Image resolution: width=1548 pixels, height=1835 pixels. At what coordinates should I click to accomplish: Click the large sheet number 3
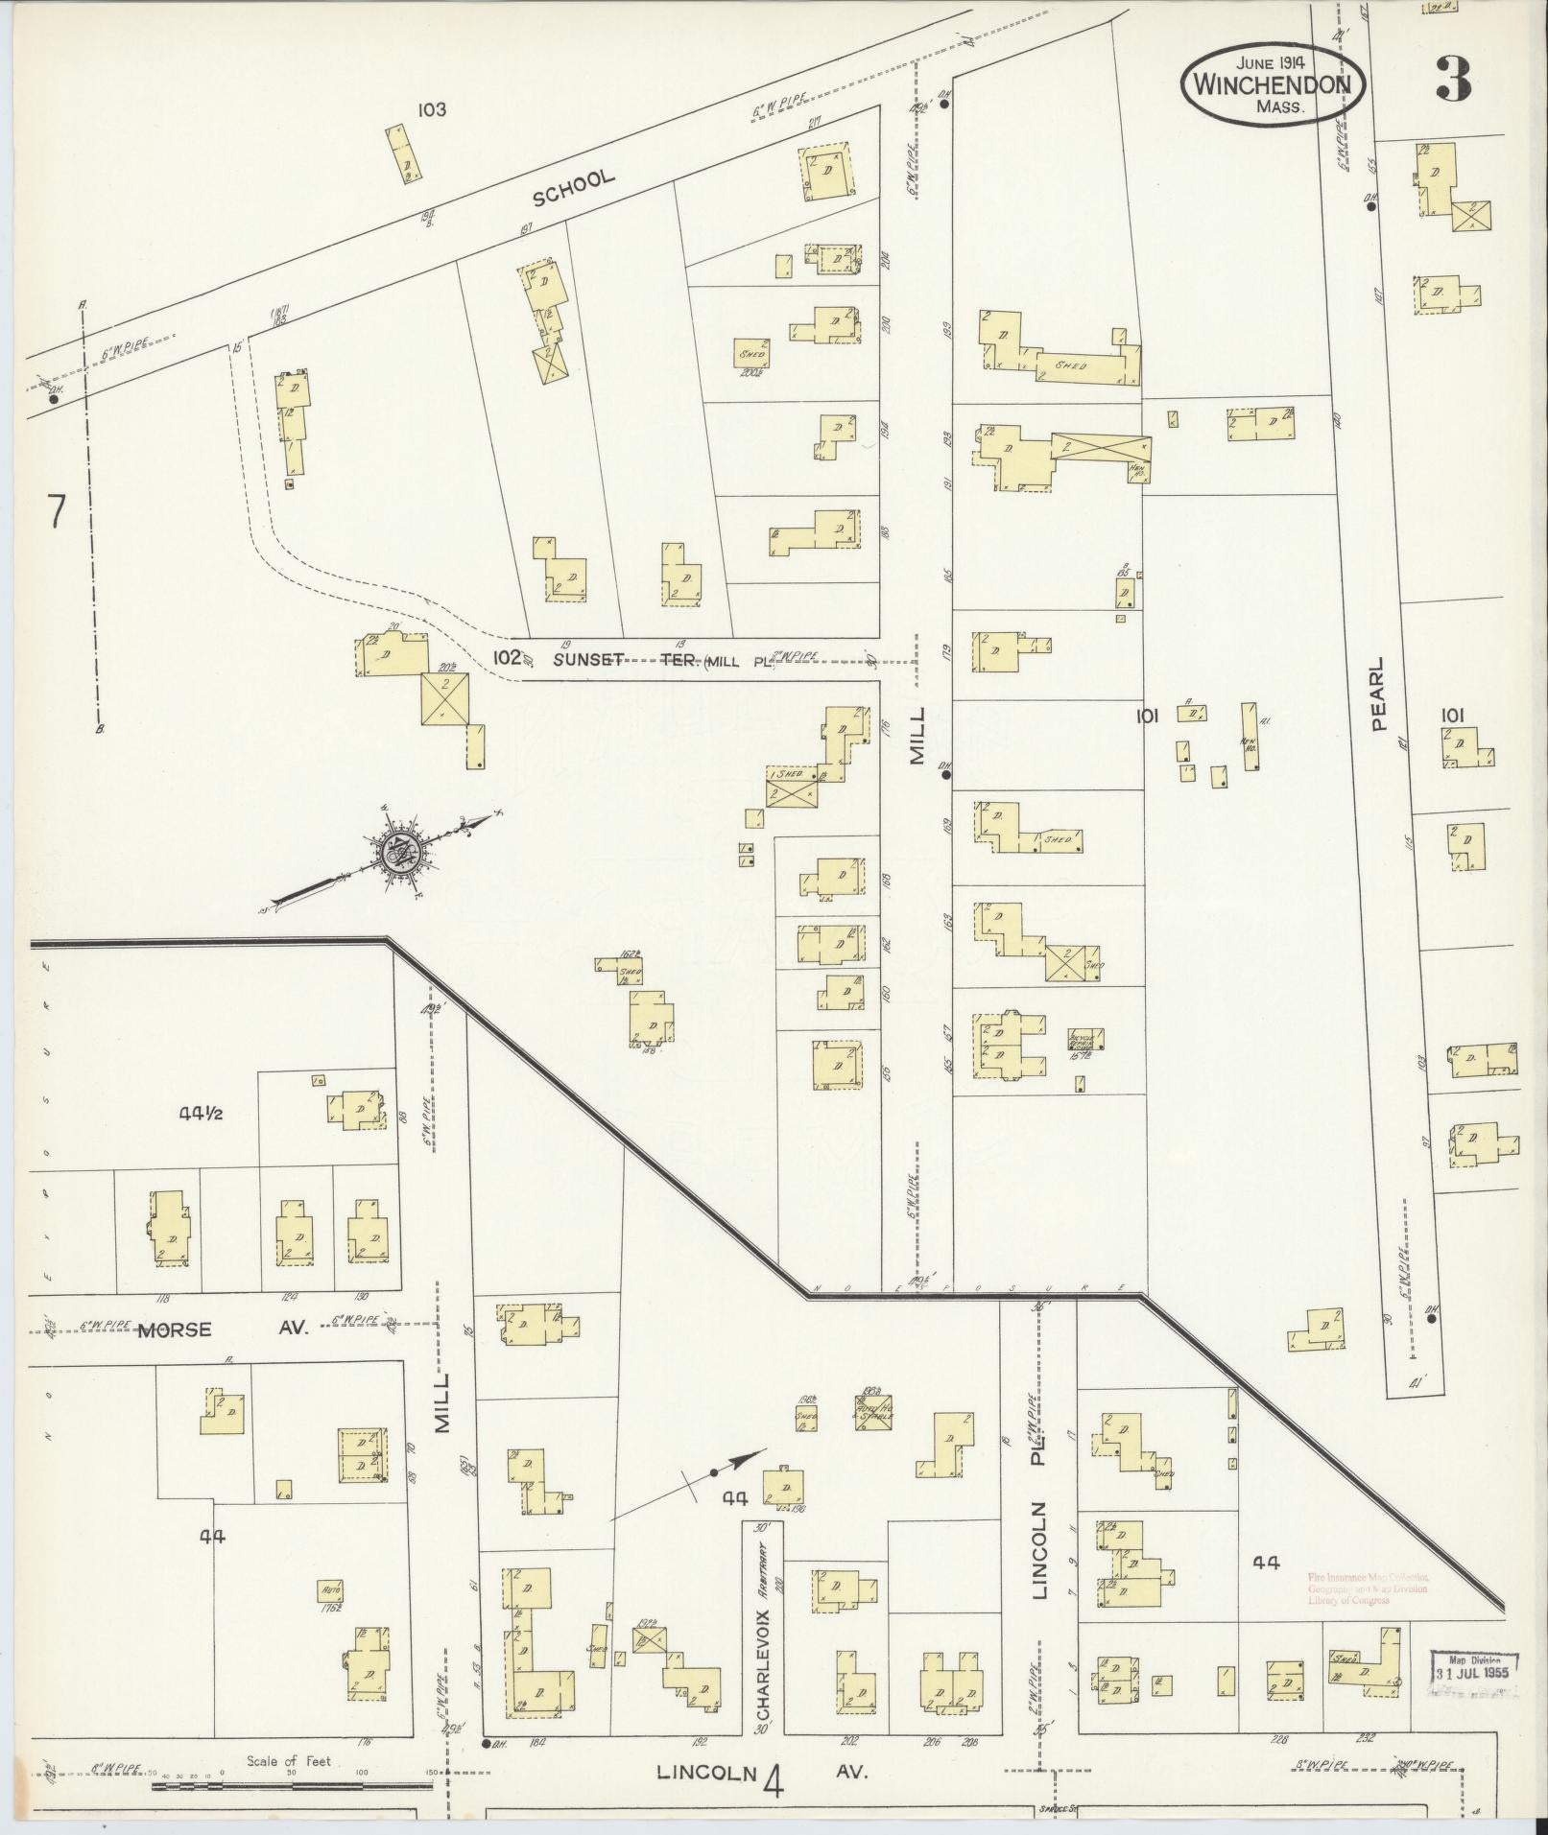tap(1453, 81)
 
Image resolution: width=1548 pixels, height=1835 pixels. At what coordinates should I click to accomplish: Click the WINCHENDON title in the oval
tap(1264, 84)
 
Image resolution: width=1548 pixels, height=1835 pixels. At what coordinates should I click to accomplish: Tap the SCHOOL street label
tap(573, 188)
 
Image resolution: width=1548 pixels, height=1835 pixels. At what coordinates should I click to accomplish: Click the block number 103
tap(431, 109)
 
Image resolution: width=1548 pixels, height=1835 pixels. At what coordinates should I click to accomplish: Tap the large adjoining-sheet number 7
tap(56, 512)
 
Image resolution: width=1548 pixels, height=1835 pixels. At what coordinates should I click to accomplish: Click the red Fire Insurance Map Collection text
tap(1368, 1588)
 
